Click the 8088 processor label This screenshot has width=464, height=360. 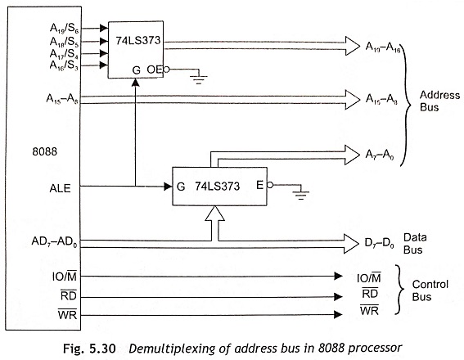(44, 151)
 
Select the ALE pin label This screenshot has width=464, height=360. (60, 188)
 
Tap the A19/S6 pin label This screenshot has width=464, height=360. (64, 28)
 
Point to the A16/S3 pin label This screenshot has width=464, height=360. (64, 65)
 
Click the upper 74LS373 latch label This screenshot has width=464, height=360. (138, 40)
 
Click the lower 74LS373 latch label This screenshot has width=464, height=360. (217, 187)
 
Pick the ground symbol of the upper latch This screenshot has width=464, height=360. (199, 79)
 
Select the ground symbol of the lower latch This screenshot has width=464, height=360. (301, 195)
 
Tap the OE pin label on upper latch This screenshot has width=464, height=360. (155, 70)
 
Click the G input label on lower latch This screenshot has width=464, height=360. (181, 187)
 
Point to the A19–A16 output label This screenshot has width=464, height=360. (383, 47)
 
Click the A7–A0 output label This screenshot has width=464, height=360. (380, 155)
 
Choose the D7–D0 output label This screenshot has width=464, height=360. (379, 243)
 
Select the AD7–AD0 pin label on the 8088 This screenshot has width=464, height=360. (54, 242)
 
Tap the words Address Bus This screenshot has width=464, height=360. (439, 101)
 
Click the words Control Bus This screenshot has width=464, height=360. (430, 290)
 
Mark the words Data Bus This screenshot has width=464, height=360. (415, 244)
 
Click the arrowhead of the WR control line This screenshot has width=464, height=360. (338, 314)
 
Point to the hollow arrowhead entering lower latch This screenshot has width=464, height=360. (215, 214)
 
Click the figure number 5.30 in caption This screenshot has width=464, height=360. (102, 349)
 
